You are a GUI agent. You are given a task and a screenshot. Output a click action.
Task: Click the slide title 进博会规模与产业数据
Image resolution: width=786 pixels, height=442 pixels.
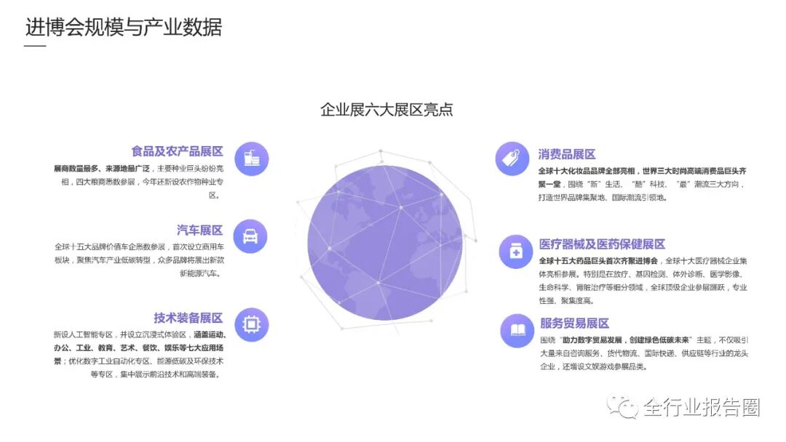coord(124,27)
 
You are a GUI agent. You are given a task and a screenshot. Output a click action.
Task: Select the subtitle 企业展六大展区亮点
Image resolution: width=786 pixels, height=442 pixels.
coord(386,110)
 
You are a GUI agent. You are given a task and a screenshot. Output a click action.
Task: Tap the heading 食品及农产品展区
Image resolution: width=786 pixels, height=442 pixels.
coord(177,151)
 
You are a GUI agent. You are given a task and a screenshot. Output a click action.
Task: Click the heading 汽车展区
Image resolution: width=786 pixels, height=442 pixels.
coord(199,230)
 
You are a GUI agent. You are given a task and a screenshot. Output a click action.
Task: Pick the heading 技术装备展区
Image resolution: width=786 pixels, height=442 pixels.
coord(188,318)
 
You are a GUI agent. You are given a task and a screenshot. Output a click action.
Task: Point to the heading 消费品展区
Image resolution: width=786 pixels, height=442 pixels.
coord(567,154)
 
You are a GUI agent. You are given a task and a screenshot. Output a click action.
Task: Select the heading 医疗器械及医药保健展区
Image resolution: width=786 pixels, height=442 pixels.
coord(602,244)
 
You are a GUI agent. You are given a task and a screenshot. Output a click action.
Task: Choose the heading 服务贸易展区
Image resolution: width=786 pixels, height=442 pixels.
coord(573,324)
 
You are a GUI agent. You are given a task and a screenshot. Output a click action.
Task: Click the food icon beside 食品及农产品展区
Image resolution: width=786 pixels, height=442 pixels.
coord(252,158)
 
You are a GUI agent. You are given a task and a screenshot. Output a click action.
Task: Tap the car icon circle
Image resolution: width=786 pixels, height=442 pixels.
coord(250,236)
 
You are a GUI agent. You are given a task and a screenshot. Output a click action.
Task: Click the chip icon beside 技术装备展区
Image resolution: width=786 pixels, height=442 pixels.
coord(251,324)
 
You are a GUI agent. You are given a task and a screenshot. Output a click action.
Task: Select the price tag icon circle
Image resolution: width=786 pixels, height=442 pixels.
coord(512,158)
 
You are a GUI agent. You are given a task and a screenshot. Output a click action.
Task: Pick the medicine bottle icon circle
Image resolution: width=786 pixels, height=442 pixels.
coord(515,252)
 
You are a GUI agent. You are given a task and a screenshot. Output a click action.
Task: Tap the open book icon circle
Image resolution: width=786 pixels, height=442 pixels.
coord(517,331)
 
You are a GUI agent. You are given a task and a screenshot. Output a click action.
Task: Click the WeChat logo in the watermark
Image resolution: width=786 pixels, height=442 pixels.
coord(623,407)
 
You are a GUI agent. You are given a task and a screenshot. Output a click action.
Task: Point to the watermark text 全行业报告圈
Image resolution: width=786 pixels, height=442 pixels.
coord(701,408)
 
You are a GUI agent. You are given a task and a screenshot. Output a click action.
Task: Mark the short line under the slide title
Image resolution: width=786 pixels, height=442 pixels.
coord(35,47)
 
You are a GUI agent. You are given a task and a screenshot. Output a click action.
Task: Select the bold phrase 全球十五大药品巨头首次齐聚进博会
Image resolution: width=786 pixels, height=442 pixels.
coord(598,260)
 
